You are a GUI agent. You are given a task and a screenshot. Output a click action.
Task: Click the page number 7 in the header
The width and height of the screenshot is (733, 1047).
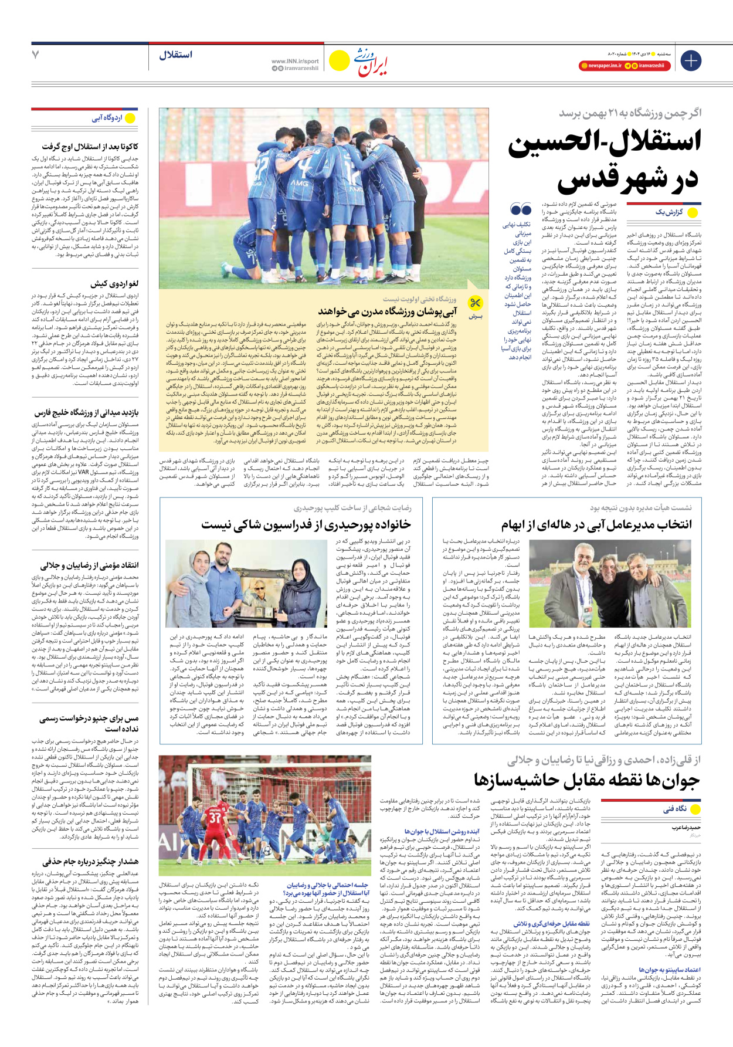tap(36, 55)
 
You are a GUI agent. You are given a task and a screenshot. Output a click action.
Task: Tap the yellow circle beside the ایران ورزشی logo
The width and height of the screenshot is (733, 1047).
tap(339, 60)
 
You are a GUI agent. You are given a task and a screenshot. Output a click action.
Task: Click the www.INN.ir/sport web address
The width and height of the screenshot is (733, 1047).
tap(295, 61)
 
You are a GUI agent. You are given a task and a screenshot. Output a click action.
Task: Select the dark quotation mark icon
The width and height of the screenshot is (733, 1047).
tap(520, 209)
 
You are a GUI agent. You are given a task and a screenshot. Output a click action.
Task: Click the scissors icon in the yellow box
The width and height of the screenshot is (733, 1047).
tap(474, 303)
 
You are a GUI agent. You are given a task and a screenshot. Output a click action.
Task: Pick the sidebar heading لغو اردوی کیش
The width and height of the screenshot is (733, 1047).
tap(114, 283)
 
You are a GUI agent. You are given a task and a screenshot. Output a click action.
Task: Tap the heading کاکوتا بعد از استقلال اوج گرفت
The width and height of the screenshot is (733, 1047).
tap(90, 146)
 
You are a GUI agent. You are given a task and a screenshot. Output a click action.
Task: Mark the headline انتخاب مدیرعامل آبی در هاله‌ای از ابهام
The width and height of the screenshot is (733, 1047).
tap(596, 524)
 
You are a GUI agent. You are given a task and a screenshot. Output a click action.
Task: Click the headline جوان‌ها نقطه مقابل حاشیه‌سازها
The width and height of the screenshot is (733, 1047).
tap(586, 780)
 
